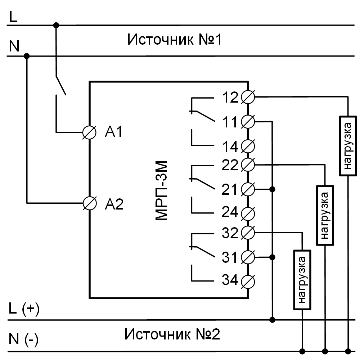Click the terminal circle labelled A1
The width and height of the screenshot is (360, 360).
coord(89,132)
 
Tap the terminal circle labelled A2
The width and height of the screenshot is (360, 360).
coord(89,203)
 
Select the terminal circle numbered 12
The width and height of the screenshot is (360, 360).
coord(248,97)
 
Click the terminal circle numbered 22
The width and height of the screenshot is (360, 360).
coord(248,165)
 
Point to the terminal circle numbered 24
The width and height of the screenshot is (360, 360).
coord(248,213)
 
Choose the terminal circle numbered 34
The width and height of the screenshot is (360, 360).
coord(248,280)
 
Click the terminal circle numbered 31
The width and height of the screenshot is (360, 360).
coord(248,257)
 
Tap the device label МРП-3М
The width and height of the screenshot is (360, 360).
coord(161,191)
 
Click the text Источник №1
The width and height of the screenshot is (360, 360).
coord(175,39)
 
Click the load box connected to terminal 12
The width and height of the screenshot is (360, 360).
coord(347,146)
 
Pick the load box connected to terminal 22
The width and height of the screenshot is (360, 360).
coord(325,215)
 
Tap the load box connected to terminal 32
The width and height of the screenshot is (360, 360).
coord(302,279)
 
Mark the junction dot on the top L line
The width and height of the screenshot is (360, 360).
coord(56,25)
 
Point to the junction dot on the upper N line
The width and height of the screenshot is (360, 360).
coord(27,56)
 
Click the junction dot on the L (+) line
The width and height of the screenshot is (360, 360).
coord(273,319)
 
